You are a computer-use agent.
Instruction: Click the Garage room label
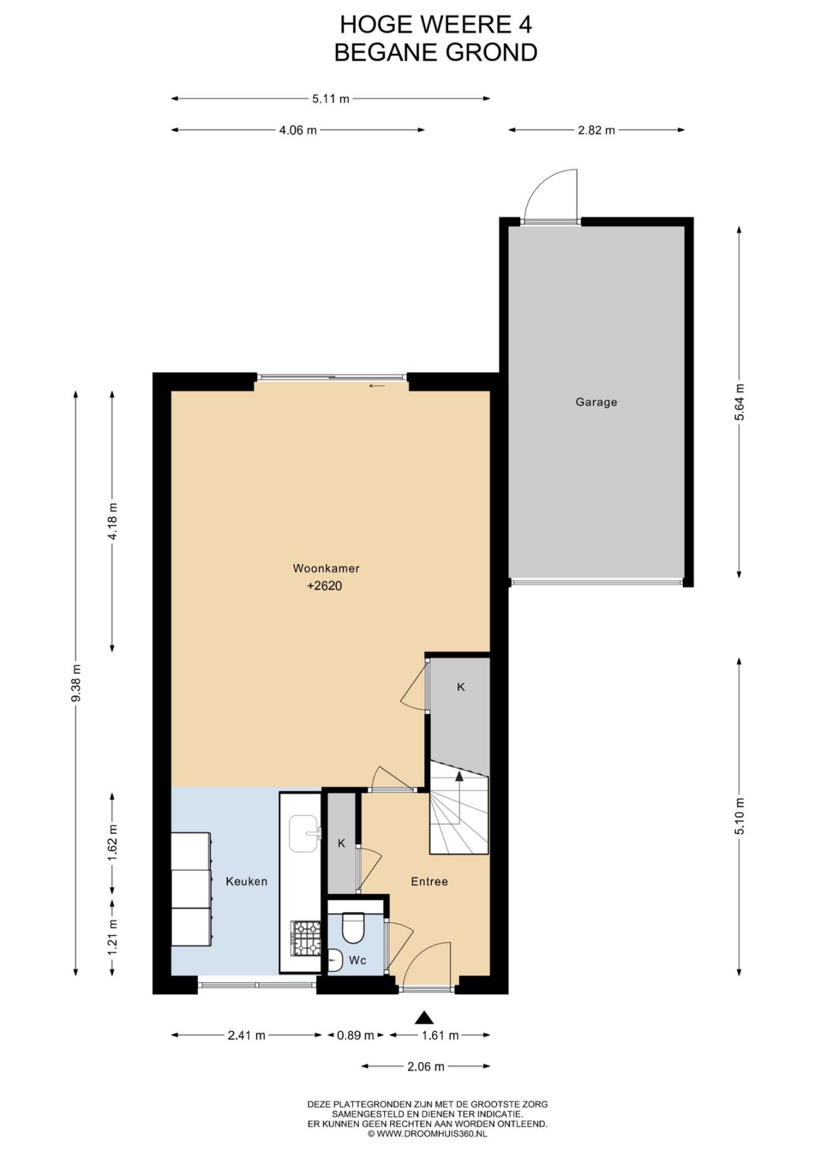click(596, 402)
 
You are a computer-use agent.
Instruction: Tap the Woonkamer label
click(326, 568)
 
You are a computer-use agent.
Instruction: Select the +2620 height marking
click(324, 586)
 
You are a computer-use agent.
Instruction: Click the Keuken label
click(246, 881)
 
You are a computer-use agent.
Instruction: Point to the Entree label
click(429, 881)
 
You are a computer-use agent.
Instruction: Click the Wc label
click(357, 961)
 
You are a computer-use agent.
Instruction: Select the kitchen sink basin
click(303, 833)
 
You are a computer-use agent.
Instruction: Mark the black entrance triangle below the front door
click(424, 1017)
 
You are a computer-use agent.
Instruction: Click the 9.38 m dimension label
click(77, 683)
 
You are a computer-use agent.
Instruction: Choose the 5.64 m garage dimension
click(739, 403)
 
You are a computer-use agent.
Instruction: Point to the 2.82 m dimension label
click(596, 130)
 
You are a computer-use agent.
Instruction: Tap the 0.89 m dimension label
click(355, 1035)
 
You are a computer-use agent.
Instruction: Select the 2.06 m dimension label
click(426, 1067)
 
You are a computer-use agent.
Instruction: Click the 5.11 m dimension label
click(331, 99)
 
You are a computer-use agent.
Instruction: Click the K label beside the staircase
click(461, 687)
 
